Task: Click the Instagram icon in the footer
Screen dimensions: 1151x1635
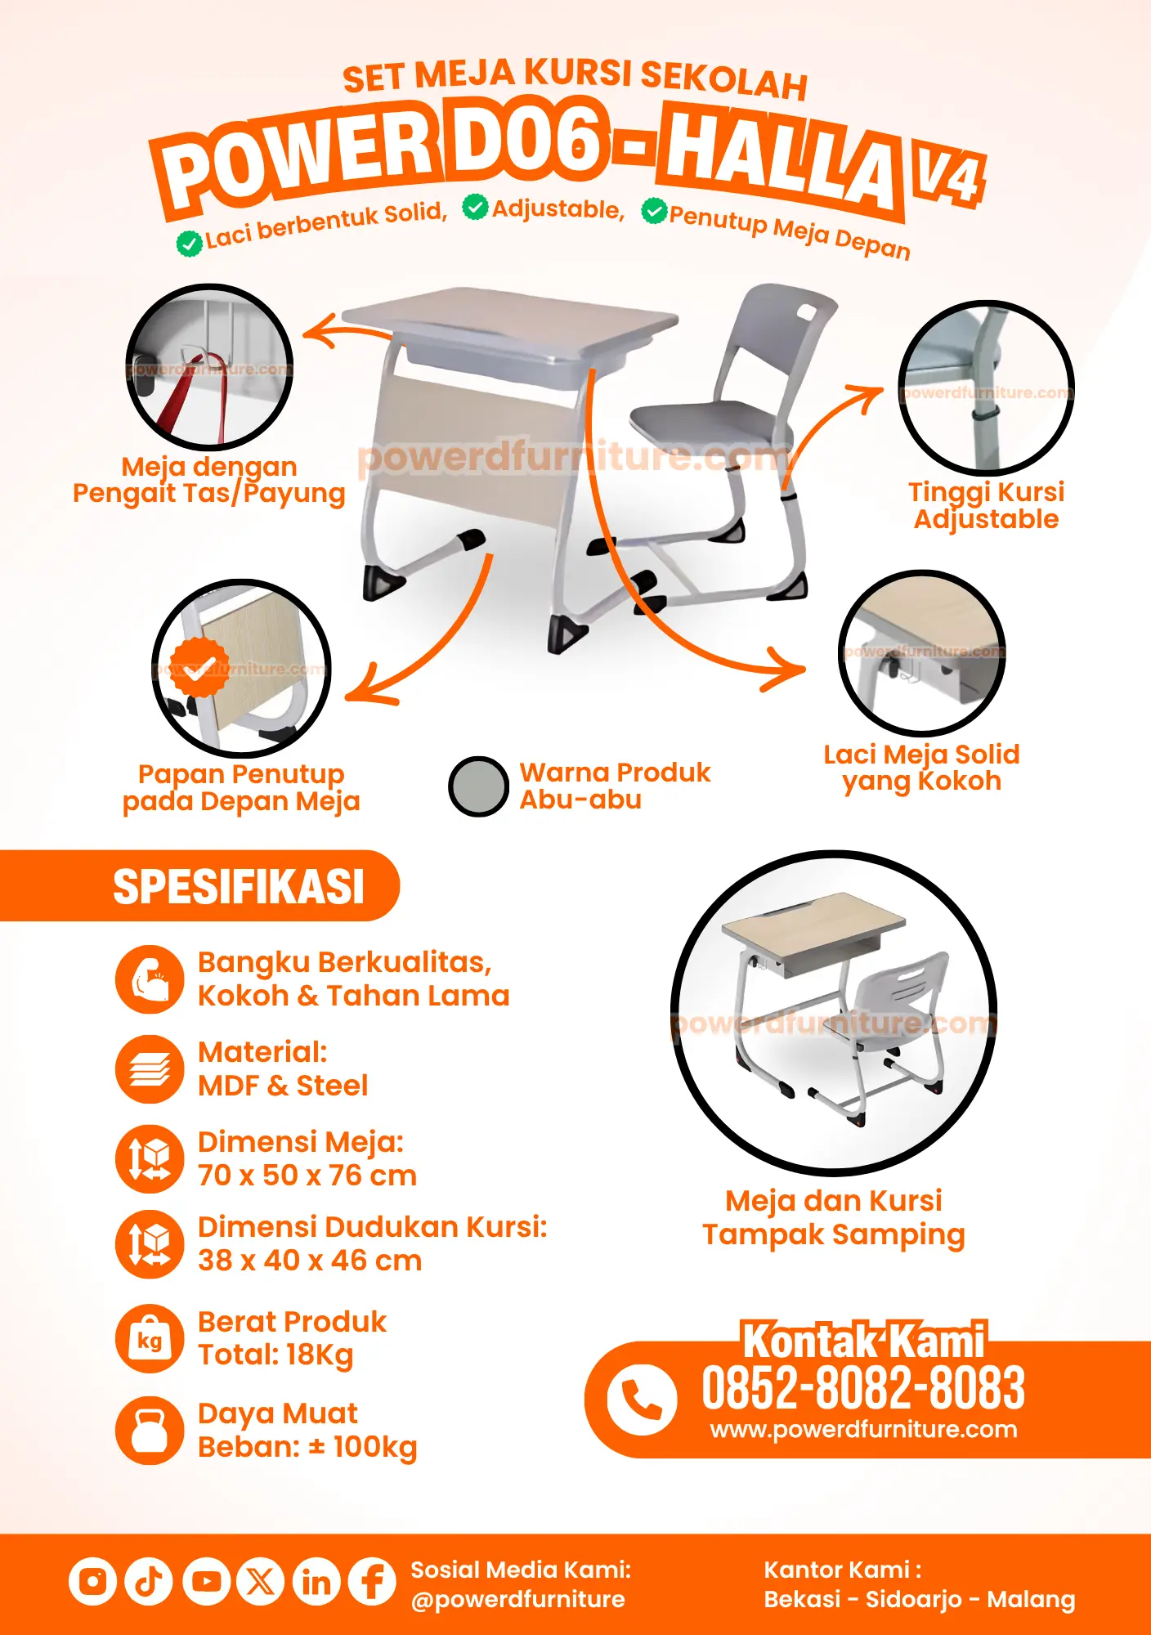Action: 92,1581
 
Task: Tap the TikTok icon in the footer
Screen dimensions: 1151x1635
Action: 149,1581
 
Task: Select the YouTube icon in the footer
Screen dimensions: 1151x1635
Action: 205,1581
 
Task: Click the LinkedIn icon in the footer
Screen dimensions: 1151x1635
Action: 316,1581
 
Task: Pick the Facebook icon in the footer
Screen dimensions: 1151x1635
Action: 372,1581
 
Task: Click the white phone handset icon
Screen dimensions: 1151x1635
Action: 642,1400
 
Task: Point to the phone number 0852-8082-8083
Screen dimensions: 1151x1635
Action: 863,1387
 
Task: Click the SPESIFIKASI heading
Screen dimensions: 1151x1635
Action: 239,887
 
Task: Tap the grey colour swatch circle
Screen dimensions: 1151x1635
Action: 479,786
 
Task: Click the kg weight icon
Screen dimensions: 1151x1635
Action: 150,1338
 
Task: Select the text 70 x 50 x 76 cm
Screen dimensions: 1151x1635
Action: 307,1176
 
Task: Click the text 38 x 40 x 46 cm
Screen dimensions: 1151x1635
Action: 310,1261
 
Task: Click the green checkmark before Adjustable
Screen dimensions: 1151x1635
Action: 475,207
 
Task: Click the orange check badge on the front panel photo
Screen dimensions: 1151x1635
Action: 199,667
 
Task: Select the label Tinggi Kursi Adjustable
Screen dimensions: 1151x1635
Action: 987,505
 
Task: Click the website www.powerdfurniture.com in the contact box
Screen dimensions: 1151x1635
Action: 863,1429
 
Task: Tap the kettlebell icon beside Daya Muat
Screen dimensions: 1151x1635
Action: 150,1430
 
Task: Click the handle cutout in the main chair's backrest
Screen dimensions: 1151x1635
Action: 806,313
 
